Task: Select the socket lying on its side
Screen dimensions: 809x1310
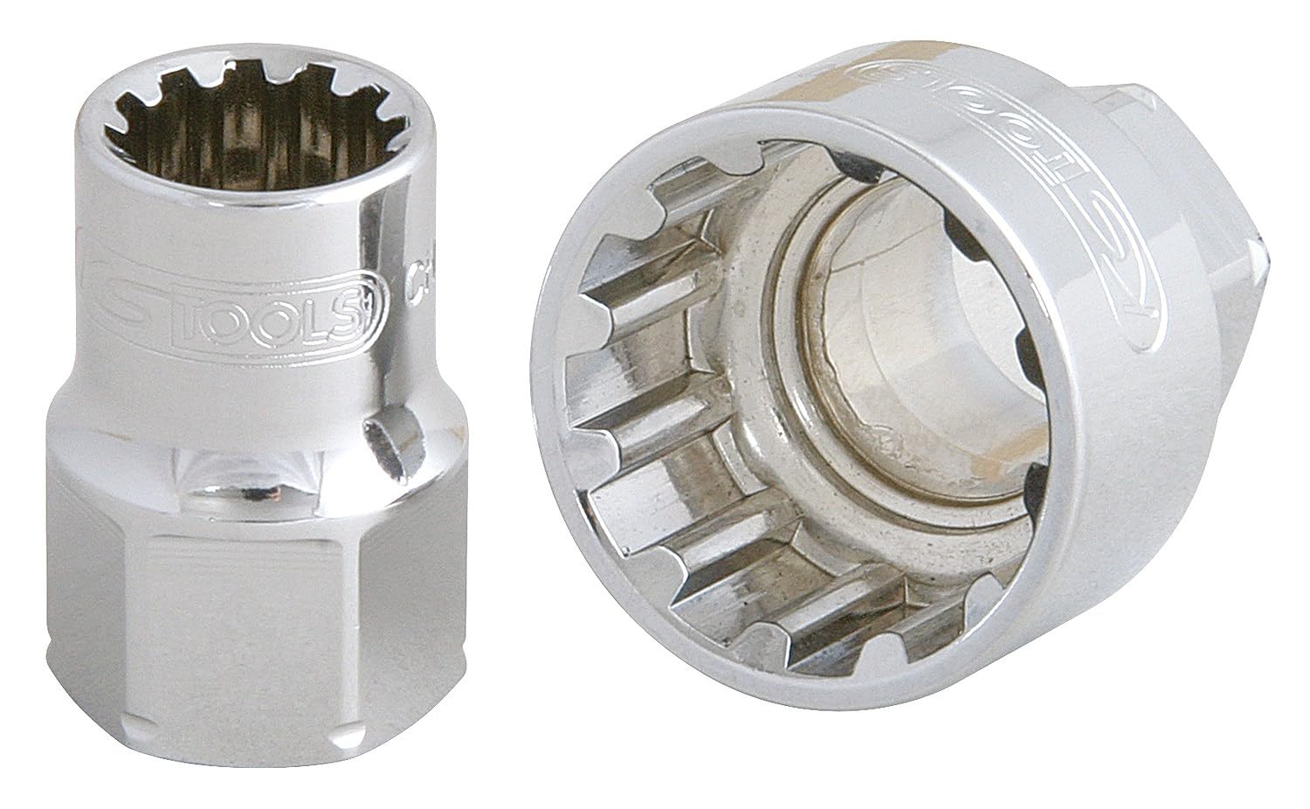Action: (873, 393)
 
